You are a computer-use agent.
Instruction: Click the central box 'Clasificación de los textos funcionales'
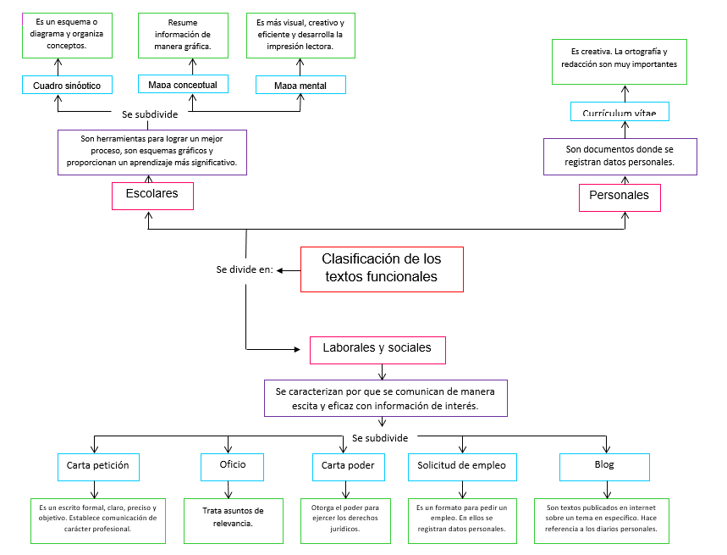382,269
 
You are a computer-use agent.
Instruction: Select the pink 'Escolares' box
152,195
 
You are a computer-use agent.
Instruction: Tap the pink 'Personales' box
620,197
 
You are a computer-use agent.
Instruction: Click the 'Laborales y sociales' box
377,349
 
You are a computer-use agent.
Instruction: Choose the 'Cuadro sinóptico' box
67,85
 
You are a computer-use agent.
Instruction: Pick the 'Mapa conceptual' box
183,85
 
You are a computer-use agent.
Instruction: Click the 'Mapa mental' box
301,86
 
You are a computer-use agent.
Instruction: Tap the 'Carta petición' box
98,466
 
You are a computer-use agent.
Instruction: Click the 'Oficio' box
233,465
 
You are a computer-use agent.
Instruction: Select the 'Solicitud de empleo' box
462,466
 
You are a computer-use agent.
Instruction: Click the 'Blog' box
604,466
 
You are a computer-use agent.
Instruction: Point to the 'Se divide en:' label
245,270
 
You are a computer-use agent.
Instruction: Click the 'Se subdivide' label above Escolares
150,114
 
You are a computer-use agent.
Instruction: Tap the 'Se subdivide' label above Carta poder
380,438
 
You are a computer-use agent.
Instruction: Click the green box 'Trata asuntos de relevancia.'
233,518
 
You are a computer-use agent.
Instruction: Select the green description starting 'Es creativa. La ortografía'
625,60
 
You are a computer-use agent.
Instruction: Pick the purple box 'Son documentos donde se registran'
620,156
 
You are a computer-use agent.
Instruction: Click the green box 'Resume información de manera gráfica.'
183,35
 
